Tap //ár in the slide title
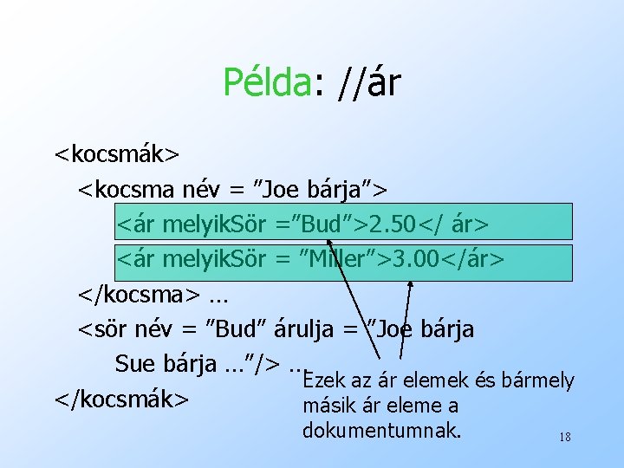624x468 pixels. (x=364, y=82)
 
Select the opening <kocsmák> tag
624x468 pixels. (x=117, y=154)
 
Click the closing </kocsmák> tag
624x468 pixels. (x=121, y=399)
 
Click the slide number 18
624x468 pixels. (x=564, y=438)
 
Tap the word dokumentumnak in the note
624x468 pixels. (x=382, y=429)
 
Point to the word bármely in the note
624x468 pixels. (x=537, y=380)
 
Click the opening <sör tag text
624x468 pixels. (x=102, y=329)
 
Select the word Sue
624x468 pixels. (x=136, y=364)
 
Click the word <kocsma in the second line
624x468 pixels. (x=127, y=188)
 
